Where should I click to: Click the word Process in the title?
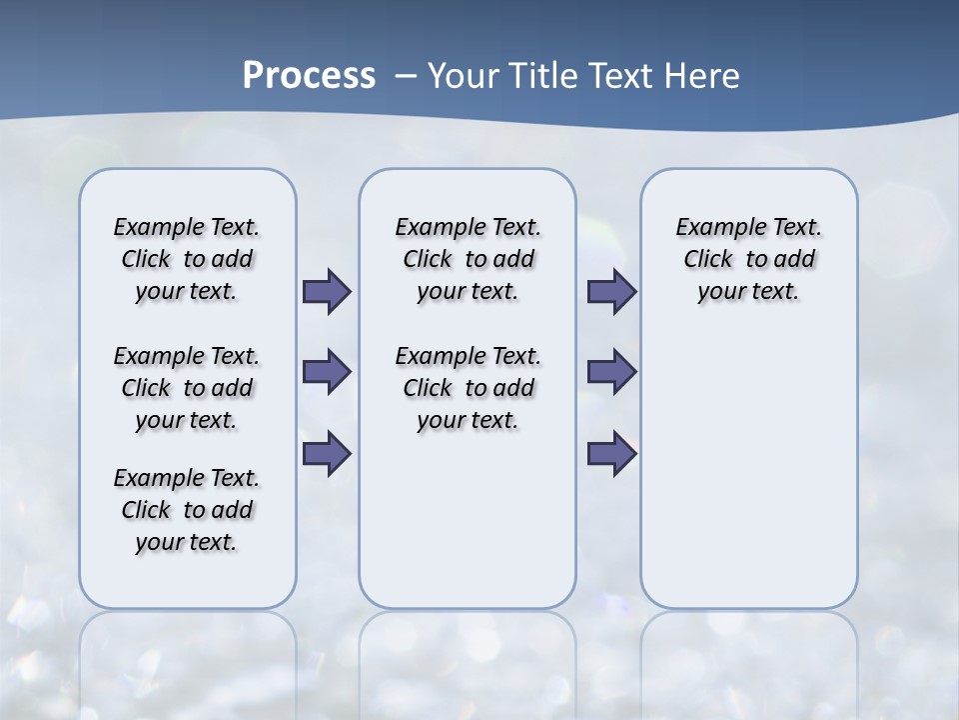(x=309, y=76)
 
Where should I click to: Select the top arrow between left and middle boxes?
(x=327, y=292)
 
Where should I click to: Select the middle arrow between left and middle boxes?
(x=327, y=372)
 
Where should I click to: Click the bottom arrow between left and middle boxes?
(x=327, y=454)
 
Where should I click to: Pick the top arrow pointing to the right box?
(x=611, y=292)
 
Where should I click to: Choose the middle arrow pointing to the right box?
(x=611, y=372)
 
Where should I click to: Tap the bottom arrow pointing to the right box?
(x=611, y=454)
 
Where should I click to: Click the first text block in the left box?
(x=187, y=259)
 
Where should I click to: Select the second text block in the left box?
(x=187, y=388)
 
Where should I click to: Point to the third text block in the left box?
(x=187, y=510)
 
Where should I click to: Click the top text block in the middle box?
(x=468, y=259)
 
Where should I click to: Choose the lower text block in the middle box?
(x=468, y=388)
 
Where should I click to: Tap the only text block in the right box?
(x=748, y=259)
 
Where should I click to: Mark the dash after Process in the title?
(x=406, y=76)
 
